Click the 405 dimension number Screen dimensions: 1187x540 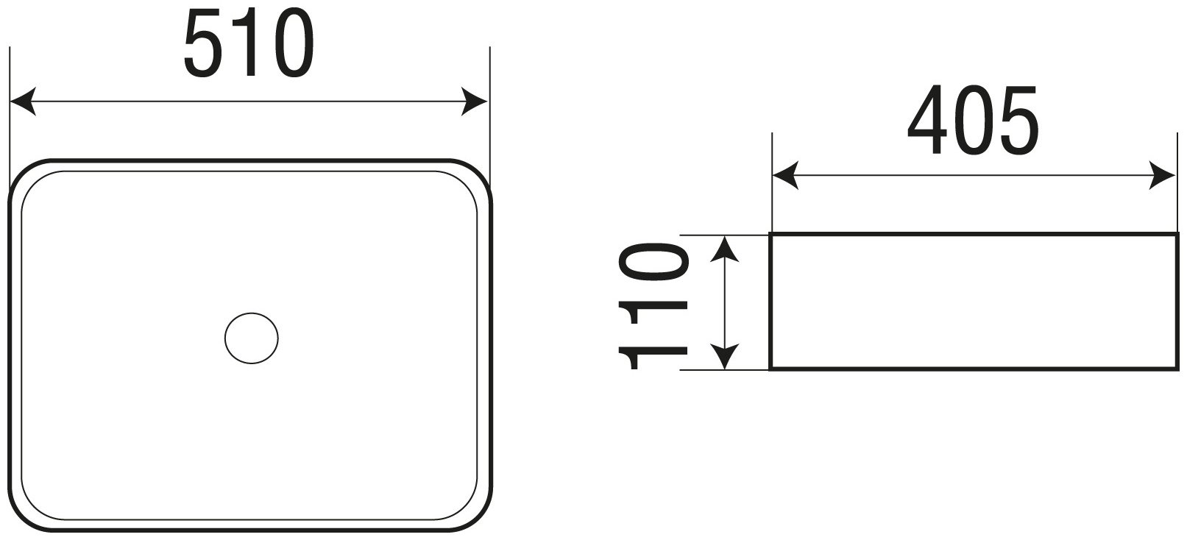(x=974, y=120)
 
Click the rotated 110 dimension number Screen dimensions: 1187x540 (x=653, y=306)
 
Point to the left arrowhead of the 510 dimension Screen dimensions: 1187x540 (x=22, y=101)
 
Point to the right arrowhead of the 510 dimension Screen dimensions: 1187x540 (x=474, y=101)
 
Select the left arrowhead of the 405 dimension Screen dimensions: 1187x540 (x=785, y=175)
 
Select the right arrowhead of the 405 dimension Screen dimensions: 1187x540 (x=1162, y=175)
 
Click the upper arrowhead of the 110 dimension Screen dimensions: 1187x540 (x=724, y=249)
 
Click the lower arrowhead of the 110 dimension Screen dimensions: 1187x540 (x=724, y=357)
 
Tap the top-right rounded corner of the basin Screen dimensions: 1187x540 (x=480, y=171)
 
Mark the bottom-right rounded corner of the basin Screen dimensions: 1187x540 (x=480, y=519)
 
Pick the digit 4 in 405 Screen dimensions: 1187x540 (x=927, y=120)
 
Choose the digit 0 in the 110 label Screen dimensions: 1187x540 (x=653, y=261)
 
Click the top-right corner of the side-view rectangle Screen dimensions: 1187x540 (x=1177, y=233)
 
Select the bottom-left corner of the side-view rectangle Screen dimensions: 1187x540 (x=770, y=369)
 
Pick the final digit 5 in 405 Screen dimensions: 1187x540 (x=1020, y=121)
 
